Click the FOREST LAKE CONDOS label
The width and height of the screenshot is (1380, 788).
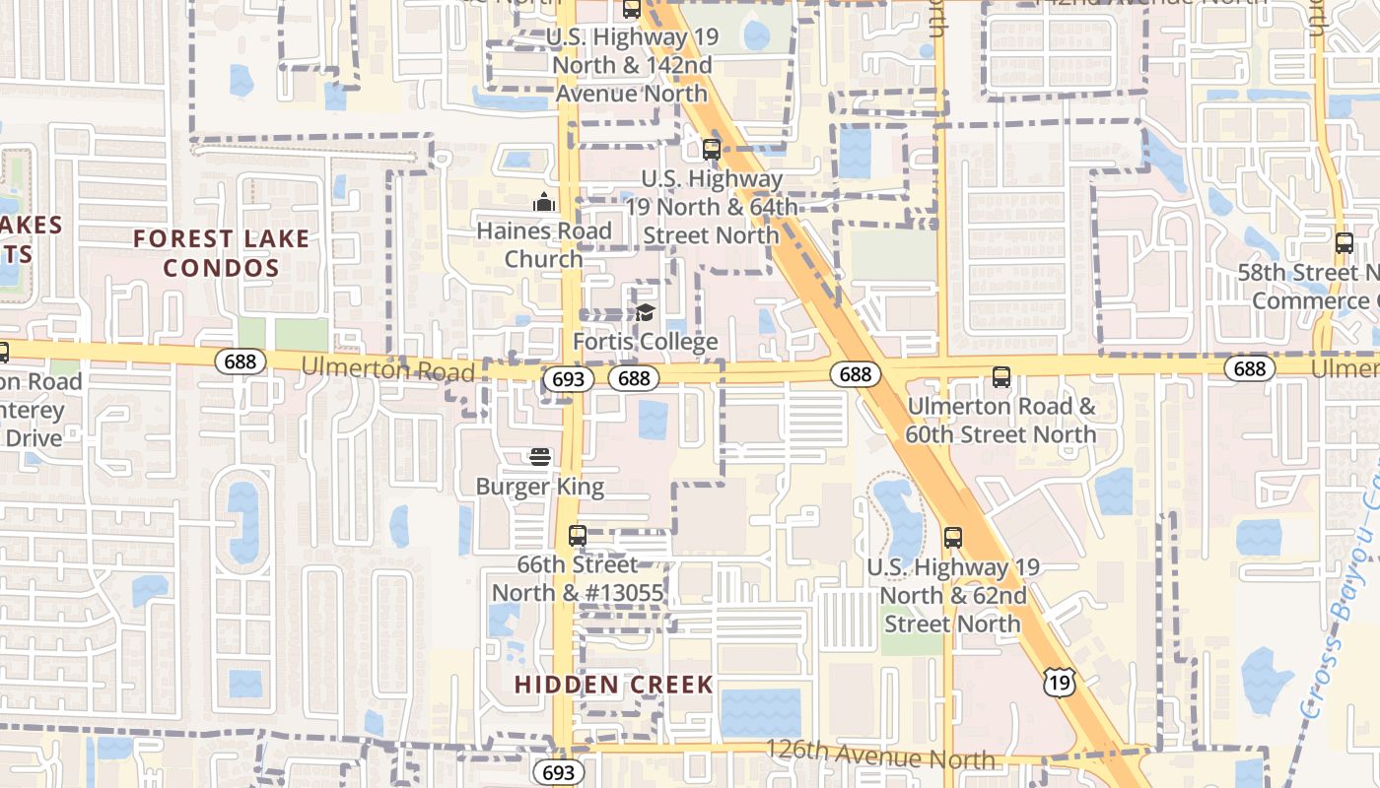[221, 253]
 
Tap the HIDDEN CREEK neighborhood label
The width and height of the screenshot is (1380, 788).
[613, 685]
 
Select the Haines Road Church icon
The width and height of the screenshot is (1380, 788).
[544, 203]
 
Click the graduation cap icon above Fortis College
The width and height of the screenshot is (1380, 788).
[645, 313]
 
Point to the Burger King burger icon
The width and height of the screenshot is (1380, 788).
[539, 457]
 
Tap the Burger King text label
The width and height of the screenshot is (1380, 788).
[539, 487]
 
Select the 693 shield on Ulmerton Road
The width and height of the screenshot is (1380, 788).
[569, 378]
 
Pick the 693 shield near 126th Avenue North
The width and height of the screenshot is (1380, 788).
[558, 771]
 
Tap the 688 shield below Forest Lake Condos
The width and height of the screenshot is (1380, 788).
[240, 361]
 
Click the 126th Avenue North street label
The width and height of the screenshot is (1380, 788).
[879, 755]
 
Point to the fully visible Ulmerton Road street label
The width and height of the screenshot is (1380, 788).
[387, 368]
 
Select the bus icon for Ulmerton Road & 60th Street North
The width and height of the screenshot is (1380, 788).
[1001, 377]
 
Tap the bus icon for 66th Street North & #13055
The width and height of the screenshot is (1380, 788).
[578, 536]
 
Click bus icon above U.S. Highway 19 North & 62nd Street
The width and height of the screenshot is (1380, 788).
[952, 538]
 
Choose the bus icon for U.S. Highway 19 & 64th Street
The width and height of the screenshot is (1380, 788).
[712, 150]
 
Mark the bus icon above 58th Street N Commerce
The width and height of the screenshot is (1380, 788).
[1344, 243]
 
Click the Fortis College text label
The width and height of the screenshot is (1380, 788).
[645, 343]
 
